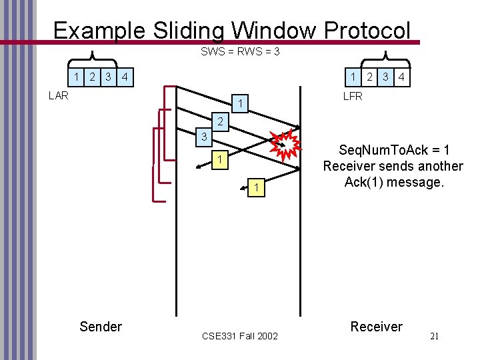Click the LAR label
[x=59, y=95]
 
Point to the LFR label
[x=352, y=96]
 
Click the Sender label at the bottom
[x=101, y=327]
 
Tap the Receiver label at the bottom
[x=377, y=327]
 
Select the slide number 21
[x=434, y=336]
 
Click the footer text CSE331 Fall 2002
[x=240, y=335]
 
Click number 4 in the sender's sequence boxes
[x=125, y=77]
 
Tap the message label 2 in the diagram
[x=219, y=123]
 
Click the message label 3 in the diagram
[x=205, y=138]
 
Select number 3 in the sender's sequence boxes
[x=109, y=77]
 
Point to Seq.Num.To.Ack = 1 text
[x=393, y=151]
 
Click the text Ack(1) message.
[x=393, y=182]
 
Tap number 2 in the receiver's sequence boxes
[x=370, y=77]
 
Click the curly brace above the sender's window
[x=91, y=58]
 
